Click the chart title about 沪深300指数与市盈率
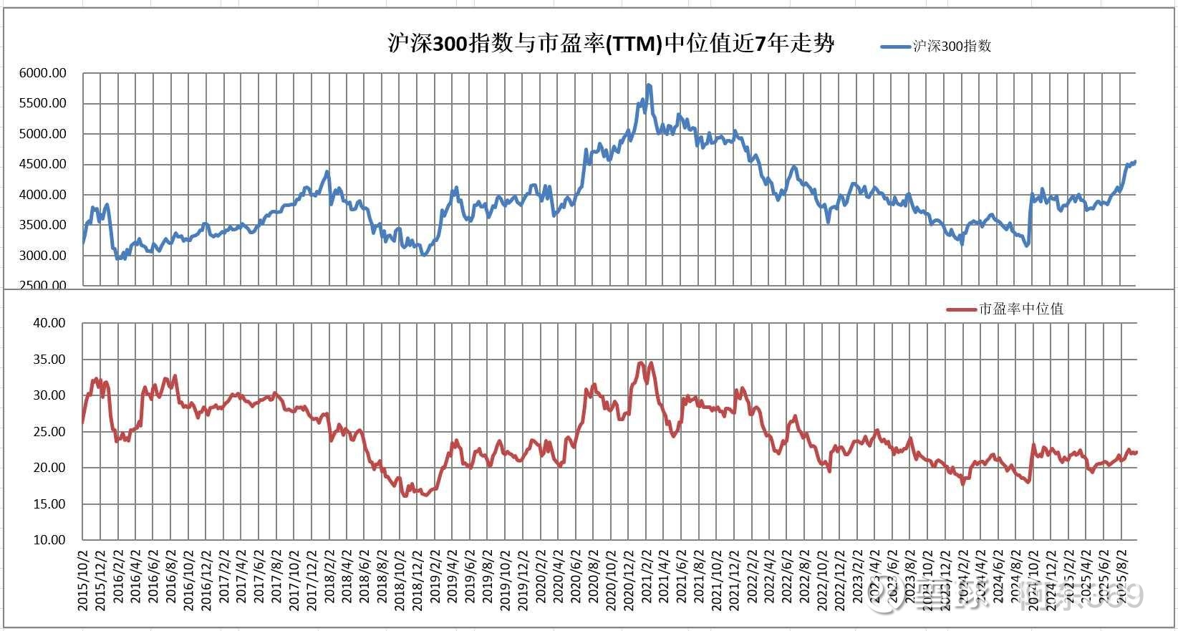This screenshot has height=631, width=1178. pyautogui.click(x=610, y=44)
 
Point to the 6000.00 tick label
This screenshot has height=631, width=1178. pyautogui.click(x=43, y=73)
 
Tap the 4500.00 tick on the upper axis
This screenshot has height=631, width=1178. pyautogui.click(x=43, y=164)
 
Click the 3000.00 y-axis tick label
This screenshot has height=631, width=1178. pyautogui.click(x=43, y=256)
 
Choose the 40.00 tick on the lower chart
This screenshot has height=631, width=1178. pyautogui.click(x=49, y=323)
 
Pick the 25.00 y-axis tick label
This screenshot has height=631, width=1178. pyautogui.click(x=49, y=432)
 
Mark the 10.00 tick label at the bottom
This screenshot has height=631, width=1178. pyautogui.click(x=49, y=540)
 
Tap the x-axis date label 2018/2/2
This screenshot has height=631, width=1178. pyautogui.click(x=329, y=581)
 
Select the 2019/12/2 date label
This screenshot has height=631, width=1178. pyautogui.click(x=523, y=581)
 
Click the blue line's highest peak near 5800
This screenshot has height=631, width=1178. pyautogui.click(x=648, y=85)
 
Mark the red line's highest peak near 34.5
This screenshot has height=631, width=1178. pyautogui.click(x=641, y=362)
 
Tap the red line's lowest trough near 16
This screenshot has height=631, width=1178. pyautogui.click(x=405, y=495)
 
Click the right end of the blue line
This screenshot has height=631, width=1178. pyautogui.click(x=1135, y=162)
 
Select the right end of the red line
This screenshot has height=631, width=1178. pyautogui.click(x=1136, y=452)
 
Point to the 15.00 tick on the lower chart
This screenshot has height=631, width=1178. pyautogui.click(x=49, y=504)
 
